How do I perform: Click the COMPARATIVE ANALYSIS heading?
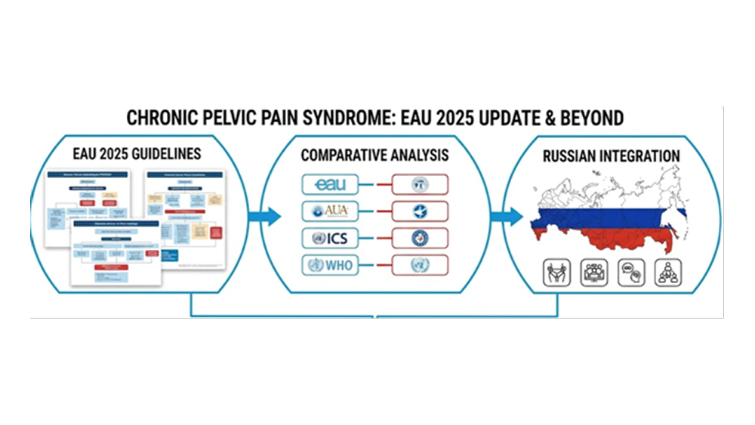[x=374, y=156]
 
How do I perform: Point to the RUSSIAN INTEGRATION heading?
[x=611, y=156]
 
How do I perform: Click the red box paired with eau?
[x=419, y=185]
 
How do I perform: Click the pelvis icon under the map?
[x=556, y=273]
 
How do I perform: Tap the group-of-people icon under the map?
[x=593, y=273]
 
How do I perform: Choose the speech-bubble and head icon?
[x=631, y=273]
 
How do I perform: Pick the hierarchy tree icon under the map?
[x=668, y=273]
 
